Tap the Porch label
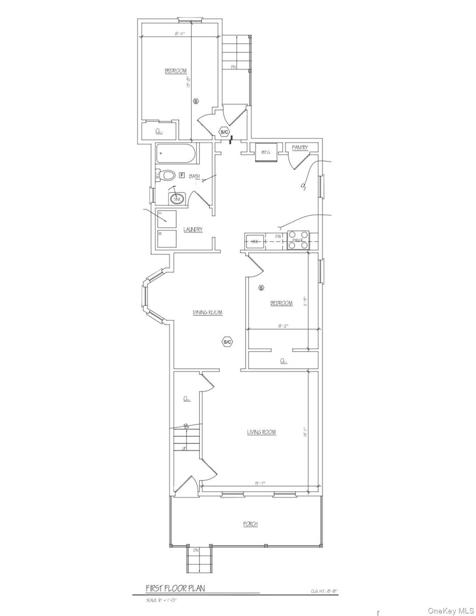pyautogui.click(x=250, y=524)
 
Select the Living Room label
pyautogui.click(x=261, y=432)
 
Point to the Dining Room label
pyautogui.click(x=207, y=312)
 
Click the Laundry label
pyautogui.click(x=193, y=229)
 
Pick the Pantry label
pyautogui.click(x=300, y=148)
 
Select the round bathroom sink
pyautogui.click(x=177, y=197)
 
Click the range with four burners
pyautogui.click(x=298, y=239)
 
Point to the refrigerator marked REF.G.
pyautogui.click(x=267, y=152)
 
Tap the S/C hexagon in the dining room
pyautogui.click(x=227, y=342)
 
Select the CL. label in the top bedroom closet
pyautogui.click(x=159, y=131)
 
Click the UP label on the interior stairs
pyautogui.click(x=184, y=448)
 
